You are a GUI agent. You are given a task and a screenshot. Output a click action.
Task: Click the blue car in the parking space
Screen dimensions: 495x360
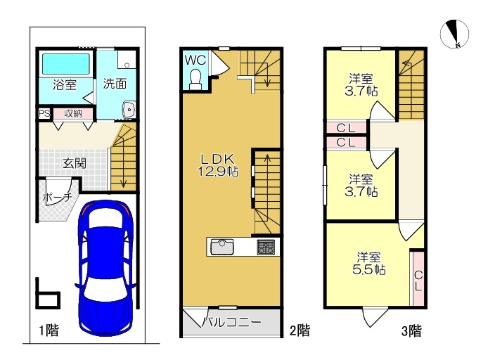(x=105, y=268)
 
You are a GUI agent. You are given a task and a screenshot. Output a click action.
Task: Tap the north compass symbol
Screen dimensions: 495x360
(x=454, y=34)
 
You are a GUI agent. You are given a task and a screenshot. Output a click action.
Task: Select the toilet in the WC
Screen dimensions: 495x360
(x=195, y=79)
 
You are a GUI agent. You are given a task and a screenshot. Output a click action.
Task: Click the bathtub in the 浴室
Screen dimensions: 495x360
(x=66, y=65)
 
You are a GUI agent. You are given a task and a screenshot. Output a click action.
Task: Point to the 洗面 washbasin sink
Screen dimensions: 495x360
(x=129, y=110)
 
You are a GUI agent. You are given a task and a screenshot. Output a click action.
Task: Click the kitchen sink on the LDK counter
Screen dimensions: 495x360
(x=222, y=247)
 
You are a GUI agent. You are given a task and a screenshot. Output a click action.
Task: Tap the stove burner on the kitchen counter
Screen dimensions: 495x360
(x=266, y=247)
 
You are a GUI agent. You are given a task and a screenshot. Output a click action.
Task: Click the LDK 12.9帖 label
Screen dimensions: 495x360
(x=218, y=165)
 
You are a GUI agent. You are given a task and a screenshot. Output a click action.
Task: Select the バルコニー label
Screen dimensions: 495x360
(x=231, y=322)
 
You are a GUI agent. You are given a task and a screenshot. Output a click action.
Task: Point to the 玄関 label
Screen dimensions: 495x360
(x=75, y=163)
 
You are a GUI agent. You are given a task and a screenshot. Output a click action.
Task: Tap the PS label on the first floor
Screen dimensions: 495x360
(x=44, y=113)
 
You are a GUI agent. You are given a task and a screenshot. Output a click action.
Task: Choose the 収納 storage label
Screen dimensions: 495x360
(x=73, y=113)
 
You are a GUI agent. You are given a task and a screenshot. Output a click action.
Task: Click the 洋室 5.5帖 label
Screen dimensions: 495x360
(x=368, y=264)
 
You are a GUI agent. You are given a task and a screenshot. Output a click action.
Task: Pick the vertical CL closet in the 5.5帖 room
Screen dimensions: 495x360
(x=418, y=278)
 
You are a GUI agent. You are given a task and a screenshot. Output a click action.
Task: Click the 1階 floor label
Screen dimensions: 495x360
(x=49, y=330)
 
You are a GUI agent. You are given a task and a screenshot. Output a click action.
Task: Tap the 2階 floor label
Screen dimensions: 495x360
(x=300, y=330)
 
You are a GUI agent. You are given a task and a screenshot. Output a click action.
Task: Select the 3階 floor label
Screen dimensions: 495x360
(x=411, y=331)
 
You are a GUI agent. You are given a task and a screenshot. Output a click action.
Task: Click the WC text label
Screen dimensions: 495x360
(x=195, y=60)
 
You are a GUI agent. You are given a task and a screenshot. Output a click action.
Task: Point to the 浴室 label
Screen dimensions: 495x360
(x=65, y=84)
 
